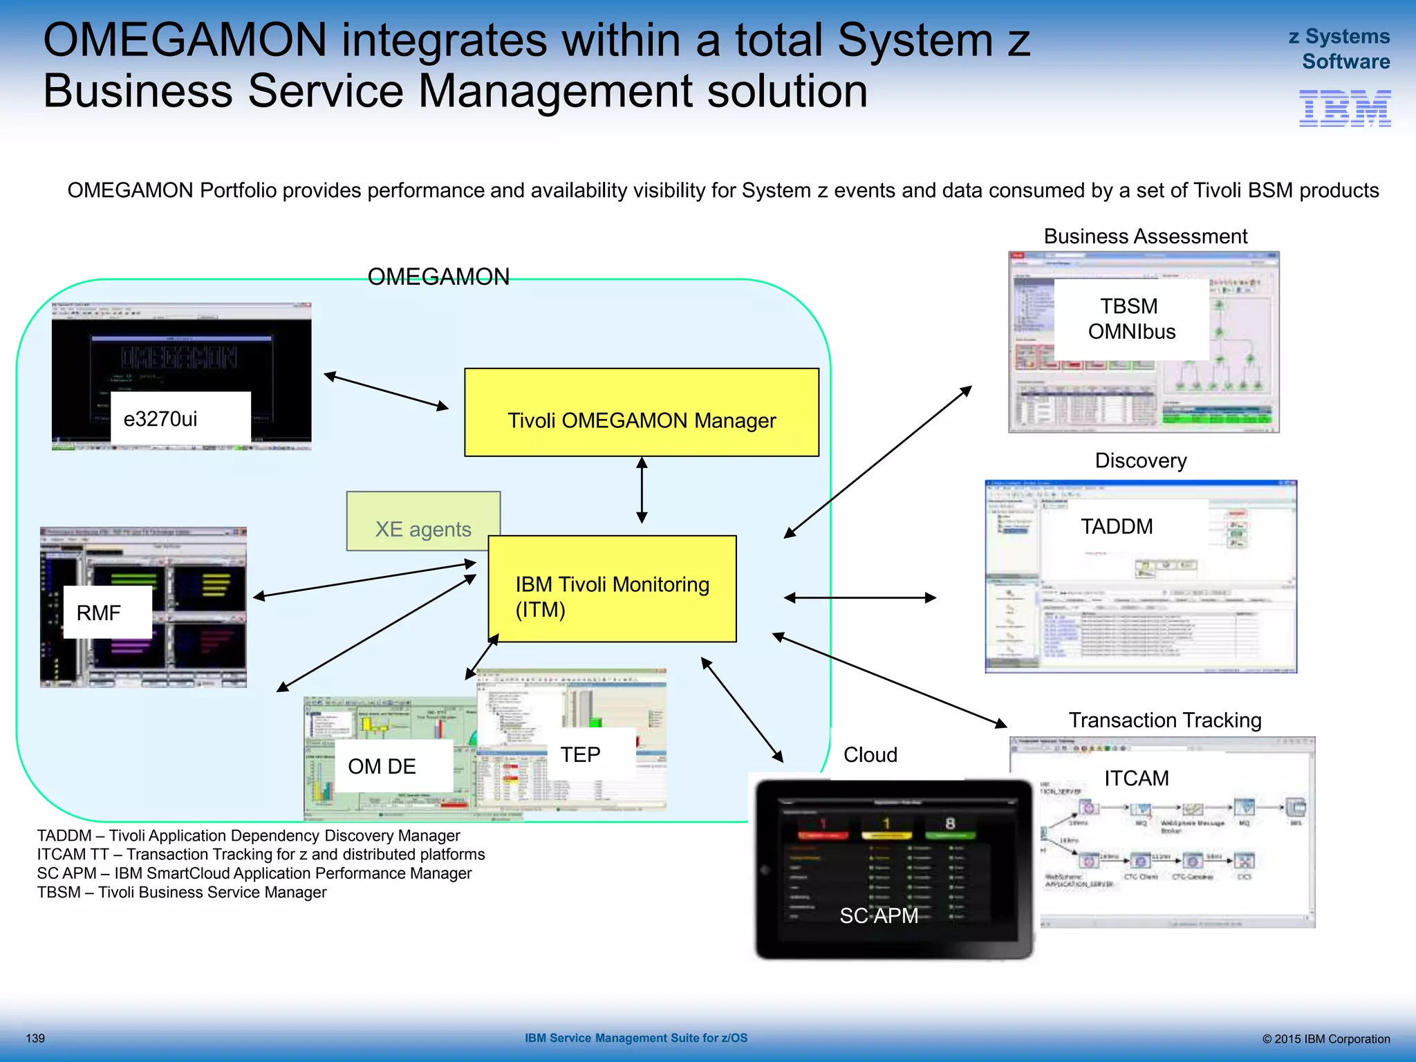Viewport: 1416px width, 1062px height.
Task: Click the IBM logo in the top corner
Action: click(1344, 109)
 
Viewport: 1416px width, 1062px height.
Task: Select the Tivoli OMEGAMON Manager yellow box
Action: click(641, 412)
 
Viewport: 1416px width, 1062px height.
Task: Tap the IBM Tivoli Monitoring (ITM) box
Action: click(612, 589)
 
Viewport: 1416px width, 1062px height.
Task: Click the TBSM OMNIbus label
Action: click(1131, 319)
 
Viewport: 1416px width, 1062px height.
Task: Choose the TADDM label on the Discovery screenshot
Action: click(1117, 526)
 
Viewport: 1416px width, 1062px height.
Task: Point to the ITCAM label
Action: click(1136, 778)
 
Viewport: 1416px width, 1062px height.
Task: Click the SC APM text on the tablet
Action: click(878, 915)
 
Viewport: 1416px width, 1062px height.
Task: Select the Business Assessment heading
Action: click(1145, 236)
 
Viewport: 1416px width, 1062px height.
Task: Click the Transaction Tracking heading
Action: click(1164, 720)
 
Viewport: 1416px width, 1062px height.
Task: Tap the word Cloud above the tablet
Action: click(870, 754)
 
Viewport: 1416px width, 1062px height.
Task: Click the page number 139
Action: click(35, 1038)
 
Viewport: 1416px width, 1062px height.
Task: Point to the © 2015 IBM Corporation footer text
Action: click(1325, 1038)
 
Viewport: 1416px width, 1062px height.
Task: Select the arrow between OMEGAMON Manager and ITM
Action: click(642, 490)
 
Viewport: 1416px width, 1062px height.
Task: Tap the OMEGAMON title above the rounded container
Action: click(438, 277)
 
